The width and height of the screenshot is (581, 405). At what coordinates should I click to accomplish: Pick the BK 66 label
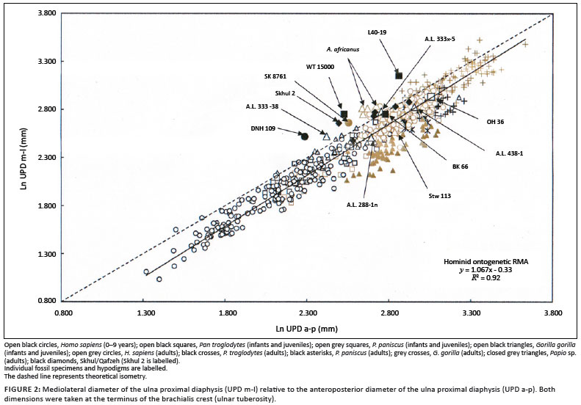point(461,167)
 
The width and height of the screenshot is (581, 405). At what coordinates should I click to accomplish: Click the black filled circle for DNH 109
point(303,135)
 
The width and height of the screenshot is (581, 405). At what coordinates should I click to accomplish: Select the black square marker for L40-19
point(399,75)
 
